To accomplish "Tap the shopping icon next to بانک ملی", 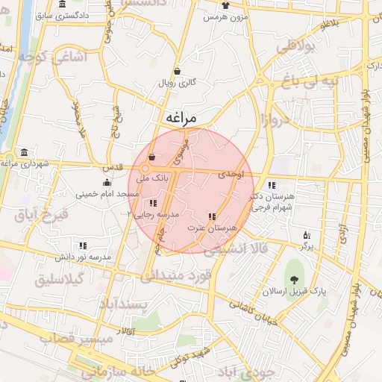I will [x=153, y=157].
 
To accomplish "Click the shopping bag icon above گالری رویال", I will [x=177, y=71].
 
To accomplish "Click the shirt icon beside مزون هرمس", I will [x=225, y=5].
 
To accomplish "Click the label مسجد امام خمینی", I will [x=107, y=193].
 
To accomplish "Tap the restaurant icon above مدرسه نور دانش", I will [x=83, y=245].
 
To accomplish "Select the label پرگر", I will [x=307, y=245].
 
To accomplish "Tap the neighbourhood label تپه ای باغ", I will [x=315, y=80].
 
